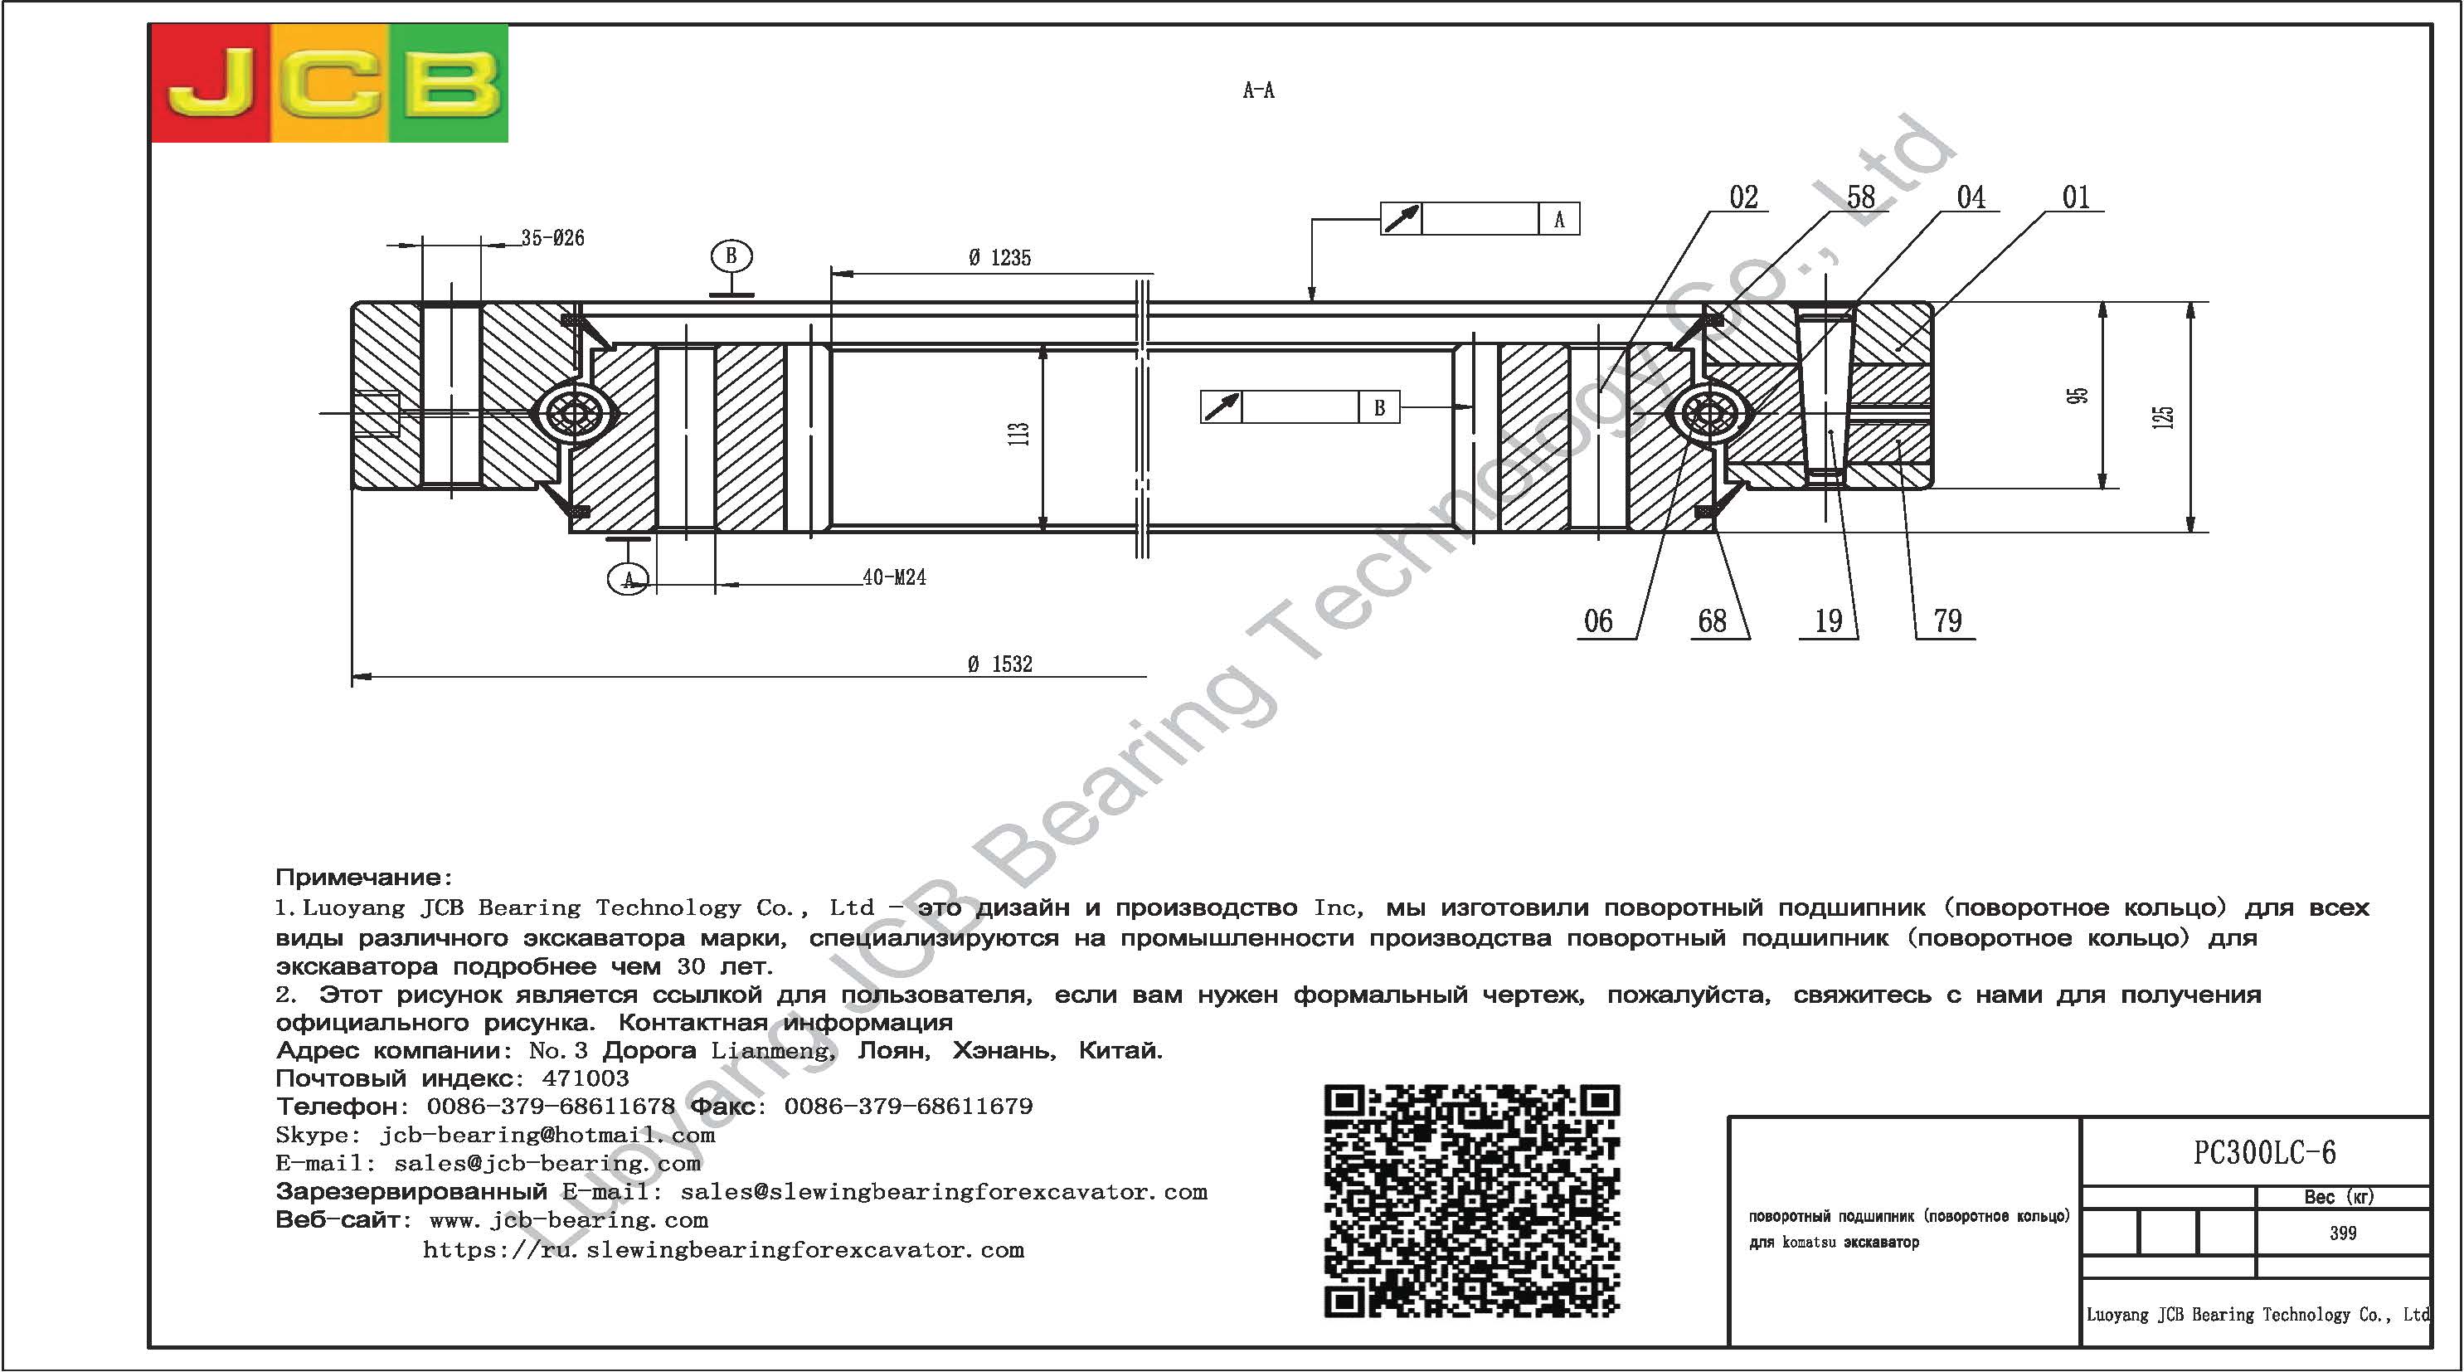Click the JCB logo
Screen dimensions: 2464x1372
(329, 83)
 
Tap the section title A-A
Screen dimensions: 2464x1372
(1258, 91)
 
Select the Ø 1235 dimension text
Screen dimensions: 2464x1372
(999, 257)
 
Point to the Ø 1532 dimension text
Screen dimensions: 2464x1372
(1000, 664)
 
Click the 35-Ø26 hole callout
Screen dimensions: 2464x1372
(553, 237)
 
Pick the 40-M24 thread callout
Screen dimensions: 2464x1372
(894, 577)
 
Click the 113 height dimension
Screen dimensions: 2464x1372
(1018, 433)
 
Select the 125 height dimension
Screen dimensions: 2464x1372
(2163, 417)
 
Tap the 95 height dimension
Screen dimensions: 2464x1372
(2078, 395)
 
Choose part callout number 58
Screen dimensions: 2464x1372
(1860, 197)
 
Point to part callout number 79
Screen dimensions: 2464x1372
(1947, 621)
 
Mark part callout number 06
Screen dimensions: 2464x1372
(1598, 621)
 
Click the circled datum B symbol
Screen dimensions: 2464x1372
(731, 255)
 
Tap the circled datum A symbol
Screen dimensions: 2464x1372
(629, 579)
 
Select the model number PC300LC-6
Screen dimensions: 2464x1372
(2264, 1153)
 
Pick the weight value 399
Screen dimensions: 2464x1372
(2343, 1233)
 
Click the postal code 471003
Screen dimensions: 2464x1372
(586, 1078)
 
